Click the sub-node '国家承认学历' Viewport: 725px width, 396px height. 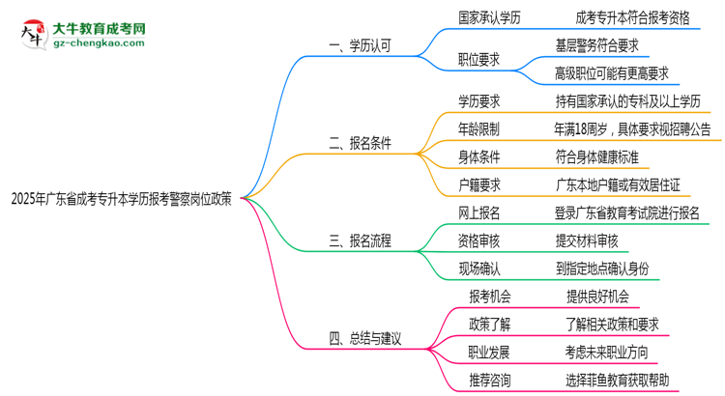pyautogui.click(x=491, y=16)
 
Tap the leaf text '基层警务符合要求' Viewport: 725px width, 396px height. pyautogui.click(x=596, y=44)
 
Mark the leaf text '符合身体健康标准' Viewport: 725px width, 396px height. pyautogui.click(x=596, y=156)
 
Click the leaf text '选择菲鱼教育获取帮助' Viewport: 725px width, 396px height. pyautogui.click(x=618, y=381)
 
